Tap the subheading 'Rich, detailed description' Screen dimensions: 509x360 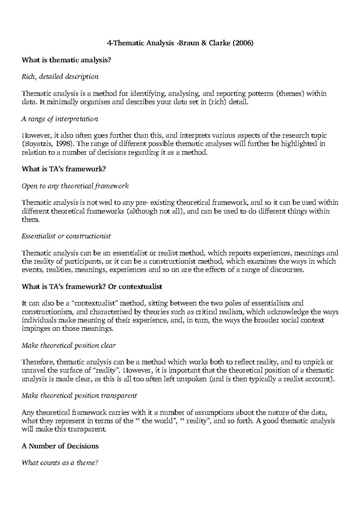point(60,77)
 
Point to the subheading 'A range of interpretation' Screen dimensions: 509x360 point(60,119)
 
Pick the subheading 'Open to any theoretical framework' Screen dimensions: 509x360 point(75,186)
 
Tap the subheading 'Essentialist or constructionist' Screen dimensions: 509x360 point(66,236)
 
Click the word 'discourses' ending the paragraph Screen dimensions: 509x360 point(289,270)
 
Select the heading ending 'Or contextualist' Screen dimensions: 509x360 point(92,286)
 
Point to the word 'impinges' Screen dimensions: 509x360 point(33,328)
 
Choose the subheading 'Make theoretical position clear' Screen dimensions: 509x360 point(69,346)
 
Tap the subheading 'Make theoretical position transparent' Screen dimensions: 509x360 point(79,396)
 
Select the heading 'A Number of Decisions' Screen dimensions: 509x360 point(60,446)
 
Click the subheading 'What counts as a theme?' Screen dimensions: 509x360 point(60,463)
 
